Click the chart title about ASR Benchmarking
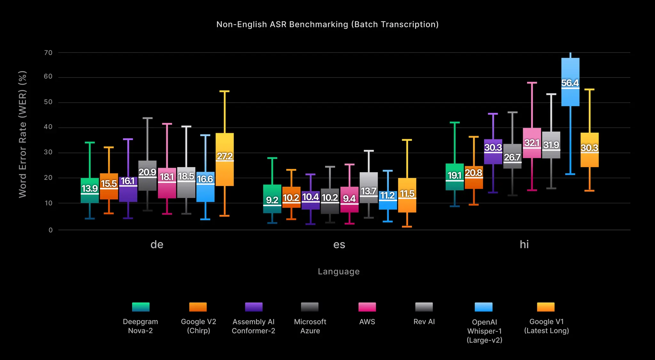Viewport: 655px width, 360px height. [327, 24]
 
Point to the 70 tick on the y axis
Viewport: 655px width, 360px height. [48, 52]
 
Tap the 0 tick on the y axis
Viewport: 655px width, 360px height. [51, 230]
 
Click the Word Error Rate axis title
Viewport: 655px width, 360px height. [22, 134]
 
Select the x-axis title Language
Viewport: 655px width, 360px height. [339, 272]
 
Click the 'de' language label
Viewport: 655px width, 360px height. [157, 244]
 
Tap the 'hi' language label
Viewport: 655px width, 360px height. [524, 244]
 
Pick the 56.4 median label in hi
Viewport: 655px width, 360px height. [570, 83]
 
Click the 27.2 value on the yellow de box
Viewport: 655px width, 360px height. [225, 156]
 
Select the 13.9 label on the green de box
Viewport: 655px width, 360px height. [90, 188]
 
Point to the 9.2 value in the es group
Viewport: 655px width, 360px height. [272, 200]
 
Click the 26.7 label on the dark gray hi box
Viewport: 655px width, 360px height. [512, 157]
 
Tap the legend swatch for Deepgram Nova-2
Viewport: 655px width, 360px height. [141, 307]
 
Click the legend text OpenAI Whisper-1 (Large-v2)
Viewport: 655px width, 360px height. [484, 331]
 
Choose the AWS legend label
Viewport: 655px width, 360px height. [367, 322]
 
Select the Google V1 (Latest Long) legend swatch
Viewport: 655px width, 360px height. [546, 307]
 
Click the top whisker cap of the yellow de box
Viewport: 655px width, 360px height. [225, 91]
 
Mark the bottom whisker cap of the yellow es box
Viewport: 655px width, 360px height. [407, 227]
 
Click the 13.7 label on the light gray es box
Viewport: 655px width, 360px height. [368, 191]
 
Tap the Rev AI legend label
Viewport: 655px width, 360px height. [424, 322]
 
